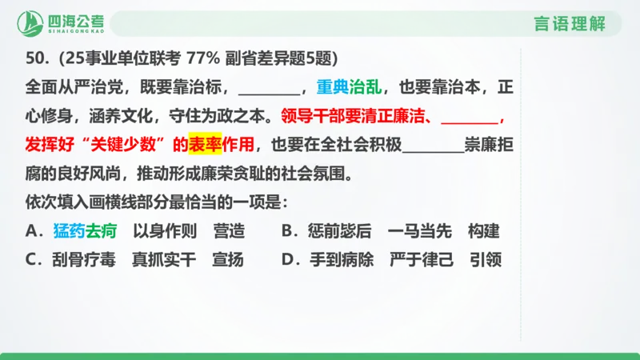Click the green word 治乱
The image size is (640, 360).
[366, 87]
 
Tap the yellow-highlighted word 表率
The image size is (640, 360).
[204, 145]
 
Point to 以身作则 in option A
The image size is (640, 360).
[164, 231]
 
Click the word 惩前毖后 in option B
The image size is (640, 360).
[339, 231]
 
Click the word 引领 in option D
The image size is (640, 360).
[486, 260]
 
